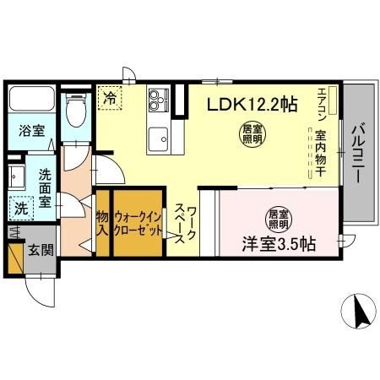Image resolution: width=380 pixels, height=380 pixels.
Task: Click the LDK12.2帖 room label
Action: (252, 104)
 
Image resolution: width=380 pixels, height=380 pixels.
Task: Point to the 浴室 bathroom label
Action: (33, 131)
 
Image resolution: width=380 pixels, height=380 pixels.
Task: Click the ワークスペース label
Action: (186, 224)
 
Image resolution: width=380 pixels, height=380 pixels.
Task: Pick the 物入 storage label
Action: (102, 224)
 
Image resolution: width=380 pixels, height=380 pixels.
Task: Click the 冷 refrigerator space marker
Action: (110, 99)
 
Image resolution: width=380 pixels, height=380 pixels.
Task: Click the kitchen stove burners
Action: (159, 102)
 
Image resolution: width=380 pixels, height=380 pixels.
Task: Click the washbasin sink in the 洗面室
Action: (18, 176)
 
